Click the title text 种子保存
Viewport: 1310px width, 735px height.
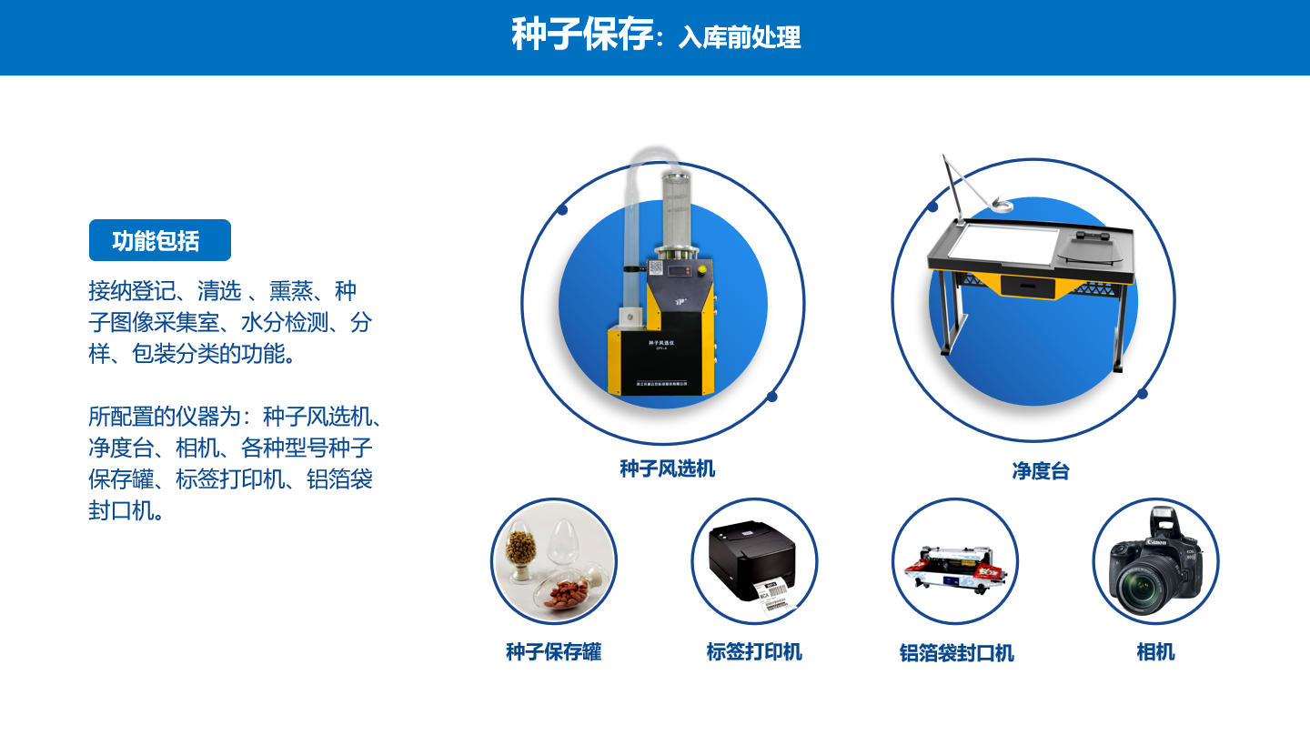(x=581, y=35)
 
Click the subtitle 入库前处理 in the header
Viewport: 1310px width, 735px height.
(x=740, y=38)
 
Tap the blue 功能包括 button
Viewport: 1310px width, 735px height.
(x=159, y=240)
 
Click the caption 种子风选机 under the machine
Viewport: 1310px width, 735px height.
(x=667, y=468)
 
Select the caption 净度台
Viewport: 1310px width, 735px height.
(x=1040, y=471)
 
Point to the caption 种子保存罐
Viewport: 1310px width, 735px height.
(x=553, y=651)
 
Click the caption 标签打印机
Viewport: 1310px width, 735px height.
(x=754, y=651)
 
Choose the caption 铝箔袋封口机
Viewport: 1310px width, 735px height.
(x=956, y=653)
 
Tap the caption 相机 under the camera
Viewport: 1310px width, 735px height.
(x=1155, y=651)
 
